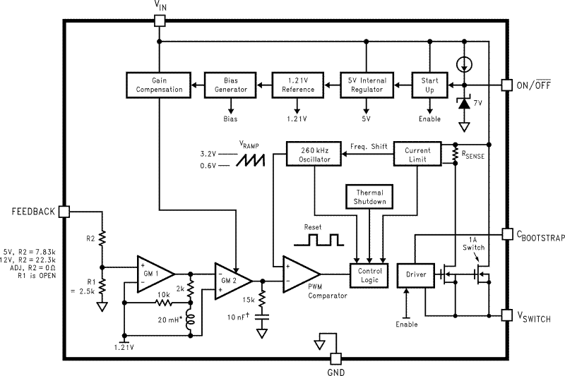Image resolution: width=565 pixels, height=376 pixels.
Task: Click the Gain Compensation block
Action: pos(158,85)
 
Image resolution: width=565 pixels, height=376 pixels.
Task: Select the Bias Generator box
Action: pos(230,85)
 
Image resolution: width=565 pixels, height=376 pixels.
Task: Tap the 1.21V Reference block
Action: pos(297,85)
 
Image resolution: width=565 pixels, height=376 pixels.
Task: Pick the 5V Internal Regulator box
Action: pos(367,85)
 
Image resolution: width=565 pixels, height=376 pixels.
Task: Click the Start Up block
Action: pos(429,85)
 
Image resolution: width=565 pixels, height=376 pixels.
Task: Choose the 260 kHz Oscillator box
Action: pos(314,154)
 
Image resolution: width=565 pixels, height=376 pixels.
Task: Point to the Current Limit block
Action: pos(417,154)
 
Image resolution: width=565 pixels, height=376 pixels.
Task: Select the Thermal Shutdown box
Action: pos(369,197)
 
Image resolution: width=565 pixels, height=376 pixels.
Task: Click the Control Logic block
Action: pos(369,275)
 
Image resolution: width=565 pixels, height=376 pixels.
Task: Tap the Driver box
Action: pos(416,275)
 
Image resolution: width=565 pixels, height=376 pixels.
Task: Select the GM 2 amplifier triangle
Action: pos(233,281)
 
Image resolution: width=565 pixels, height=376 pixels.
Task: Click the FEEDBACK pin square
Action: pos(64,212)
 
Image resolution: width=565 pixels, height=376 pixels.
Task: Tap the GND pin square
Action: pos(336,359)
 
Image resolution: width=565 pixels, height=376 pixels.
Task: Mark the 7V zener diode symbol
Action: pos(464,104)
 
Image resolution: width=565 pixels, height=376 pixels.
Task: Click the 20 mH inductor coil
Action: pos(190,320)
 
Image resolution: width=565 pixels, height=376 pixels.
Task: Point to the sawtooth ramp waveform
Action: pos(250,160)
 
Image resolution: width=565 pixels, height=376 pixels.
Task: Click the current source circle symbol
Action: pos(464,65)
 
